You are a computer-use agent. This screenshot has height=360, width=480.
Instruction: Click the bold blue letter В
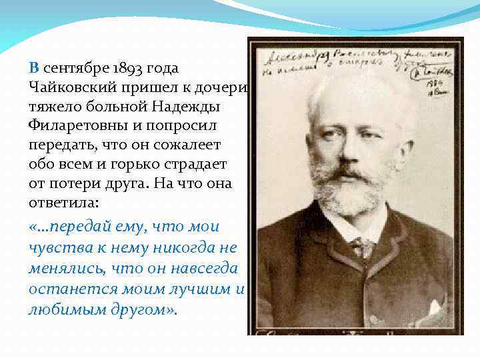[x=34, y=68]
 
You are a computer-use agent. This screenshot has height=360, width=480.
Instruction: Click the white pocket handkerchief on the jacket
[x=435, y=306]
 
